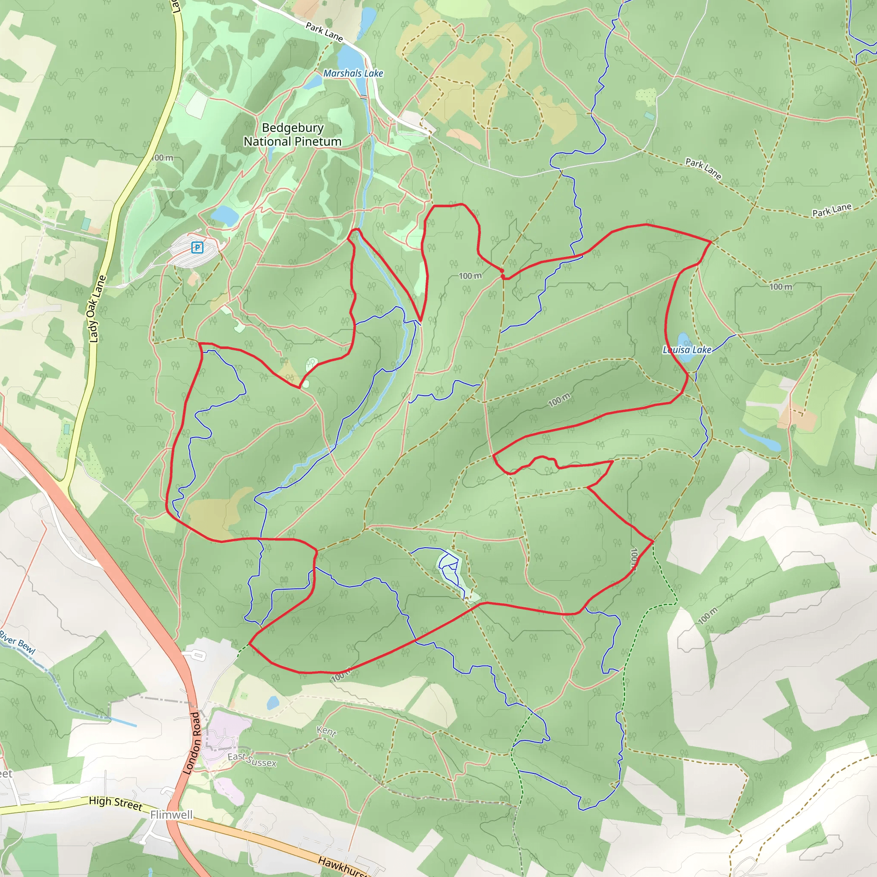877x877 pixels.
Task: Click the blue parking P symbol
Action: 197,248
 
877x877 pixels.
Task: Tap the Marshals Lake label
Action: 353,73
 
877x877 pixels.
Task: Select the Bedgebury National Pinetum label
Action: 292,135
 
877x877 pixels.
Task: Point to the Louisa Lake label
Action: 687,349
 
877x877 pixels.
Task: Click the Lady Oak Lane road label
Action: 97,309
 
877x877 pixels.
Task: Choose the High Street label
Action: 116,802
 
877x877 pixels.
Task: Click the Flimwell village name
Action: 171,815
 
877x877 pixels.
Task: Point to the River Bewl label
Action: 17,642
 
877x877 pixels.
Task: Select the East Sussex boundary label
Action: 252,759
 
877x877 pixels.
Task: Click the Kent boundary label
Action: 326,731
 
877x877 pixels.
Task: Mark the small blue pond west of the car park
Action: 225,216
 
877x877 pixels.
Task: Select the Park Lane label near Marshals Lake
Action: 324,32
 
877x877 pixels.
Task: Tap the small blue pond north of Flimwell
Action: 273,703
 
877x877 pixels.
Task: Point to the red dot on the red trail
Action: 501,271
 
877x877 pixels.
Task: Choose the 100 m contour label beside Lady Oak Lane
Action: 162,158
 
